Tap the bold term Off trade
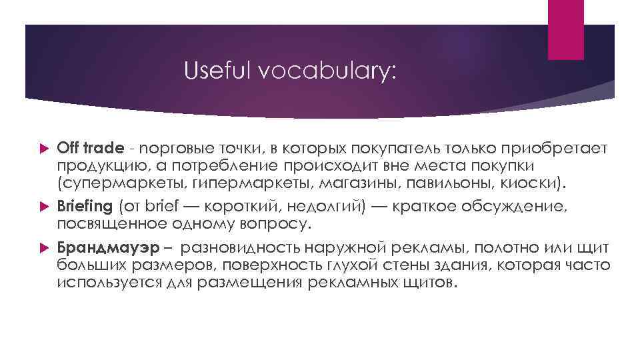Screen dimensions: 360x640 [x=86, y=148]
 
